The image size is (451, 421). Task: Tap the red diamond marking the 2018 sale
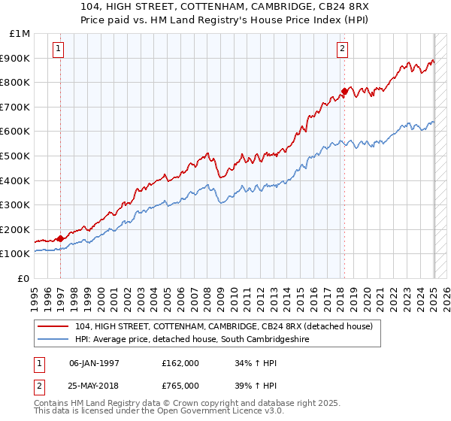pos(344,92)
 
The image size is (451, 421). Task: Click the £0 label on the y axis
pos(24,278)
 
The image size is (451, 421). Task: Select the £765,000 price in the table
pos(180,386)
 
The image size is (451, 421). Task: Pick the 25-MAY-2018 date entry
pos(94,386)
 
